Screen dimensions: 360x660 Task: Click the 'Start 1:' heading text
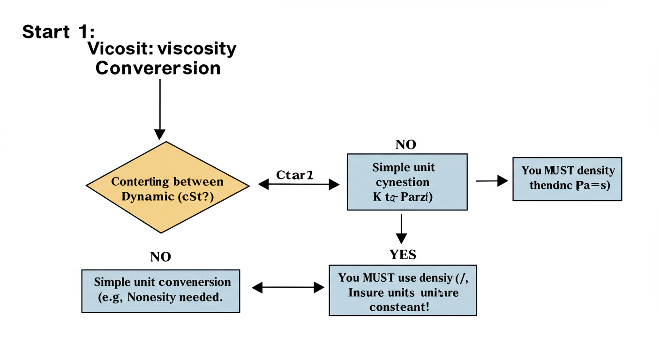pyautogui.click(x=58, y=32)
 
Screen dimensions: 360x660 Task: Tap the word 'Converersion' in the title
pyautogui.click(x=158, y=68)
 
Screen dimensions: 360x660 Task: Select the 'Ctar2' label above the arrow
pyautogui.click(x=294, y=175)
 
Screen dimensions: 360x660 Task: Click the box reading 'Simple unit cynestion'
pyautogui.click(x=407, y=181)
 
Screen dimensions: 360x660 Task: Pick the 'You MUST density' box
pyautogui.click(x=567, y=179)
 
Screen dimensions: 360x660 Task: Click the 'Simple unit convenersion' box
pyautogui.click(x=161, y=291)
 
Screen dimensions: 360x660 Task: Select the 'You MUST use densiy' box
pyautogui.click(x=403, y=290)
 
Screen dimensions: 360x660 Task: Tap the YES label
pyautogui.click(x=403, y=255)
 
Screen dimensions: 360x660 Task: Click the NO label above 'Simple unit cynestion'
pyautogui.click(x=405, y=145)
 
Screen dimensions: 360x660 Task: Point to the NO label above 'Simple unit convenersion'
pyautogui.click(x=160, y=257)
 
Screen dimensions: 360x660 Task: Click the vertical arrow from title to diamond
pyautogui.click(x=160, y=108)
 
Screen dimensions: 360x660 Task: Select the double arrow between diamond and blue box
pyautogui.click(x=299, y=185)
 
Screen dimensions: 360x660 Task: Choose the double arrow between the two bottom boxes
pyautogui.click(x=288, y=287)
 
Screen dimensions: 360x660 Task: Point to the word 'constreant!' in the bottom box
pyautogui.click(x=399, y=307)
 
